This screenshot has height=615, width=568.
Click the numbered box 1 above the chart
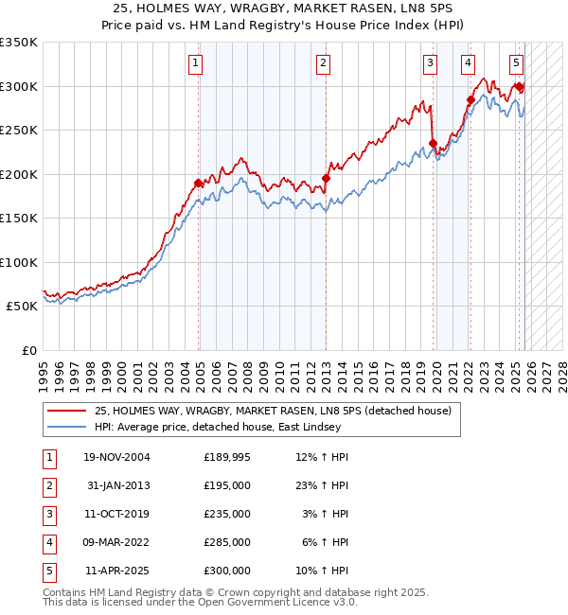(x=195, y=63)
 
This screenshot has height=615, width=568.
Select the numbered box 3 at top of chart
(x=430, y=63)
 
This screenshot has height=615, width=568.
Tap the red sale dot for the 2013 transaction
(x=326, y=178)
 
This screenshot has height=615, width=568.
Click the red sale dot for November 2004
(x=198, y=183)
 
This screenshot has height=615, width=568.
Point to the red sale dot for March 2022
(x=470, y=99)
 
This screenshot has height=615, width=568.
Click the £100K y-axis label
(x=19, y=262)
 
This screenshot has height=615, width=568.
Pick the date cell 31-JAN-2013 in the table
(x=117, y=485)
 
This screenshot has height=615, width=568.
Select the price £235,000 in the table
(x=226, y=514)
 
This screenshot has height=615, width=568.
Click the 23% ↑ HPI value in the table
(x=322, y=485)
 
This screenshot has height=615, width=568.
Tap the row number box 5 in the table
(x=47, y=571)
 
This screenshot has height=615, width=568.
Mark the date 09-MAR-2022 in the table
(x=117, y=542)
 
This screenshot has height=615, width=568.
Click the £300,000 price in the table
(x=226, y=571)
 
